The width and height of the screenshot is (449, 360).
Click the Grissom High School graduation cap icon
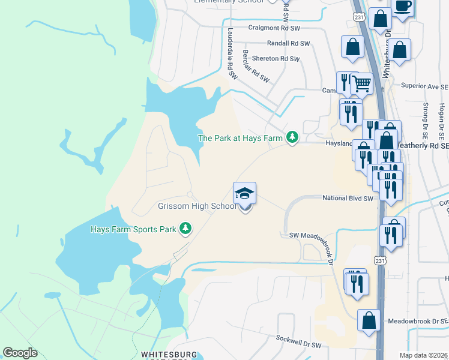pos(244,193)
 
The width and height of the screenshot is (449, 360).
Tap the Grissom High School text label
pos(197,206)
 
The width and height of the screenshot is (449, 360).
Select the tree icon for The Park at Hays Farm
pos(292,138)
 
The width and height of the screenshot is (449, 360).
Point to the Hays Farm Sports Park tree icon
pos(186,229)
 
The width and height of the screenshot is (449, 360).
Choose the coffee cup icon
pos(402,7)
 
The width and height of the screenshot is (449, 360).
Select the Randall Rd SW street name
pos(283,44)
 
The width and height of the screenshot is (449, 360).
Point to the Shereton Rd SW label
pos(276,59)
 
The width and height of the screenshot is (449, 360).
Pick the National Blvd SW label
pos(348,198)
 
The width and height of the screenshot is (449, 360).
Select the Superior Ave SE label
pos(424,86)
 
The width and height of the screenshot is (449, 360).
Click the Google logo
pos(20,353)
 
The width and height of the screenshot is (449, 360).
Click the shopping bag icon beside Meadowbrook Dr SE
pos(369,320)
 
